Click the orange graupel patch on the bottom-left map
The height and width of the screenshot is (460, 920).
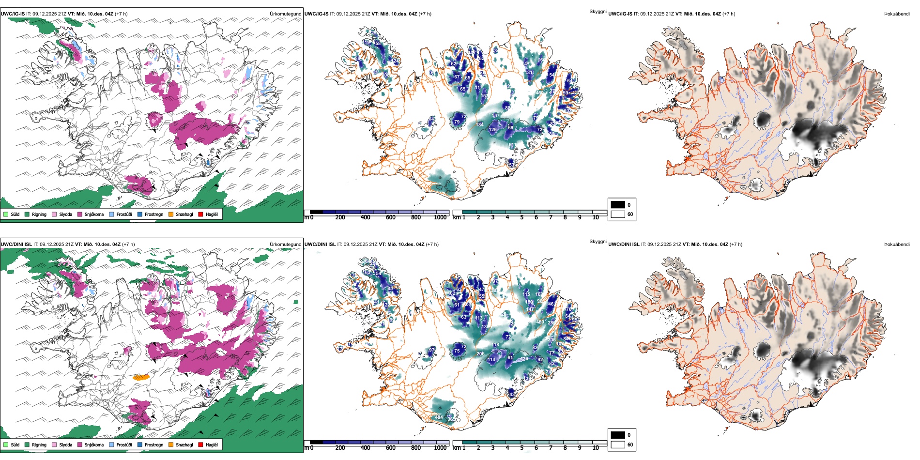click(x=141, y=377)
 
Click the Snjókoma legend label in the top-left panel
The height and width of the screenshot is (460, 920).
click(x=94, y=215)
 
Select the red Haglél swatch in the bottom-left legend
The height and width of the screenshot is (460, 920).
click(x=200, y=445)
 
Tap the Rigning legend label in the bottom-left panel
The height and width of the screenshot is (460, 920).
click(x=39, y=445)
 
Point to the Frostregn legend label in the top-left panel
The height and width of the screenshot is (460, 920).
click(x=154, y=215)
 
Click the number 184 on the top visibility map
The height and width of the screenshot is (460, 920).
click(x=479, y=125)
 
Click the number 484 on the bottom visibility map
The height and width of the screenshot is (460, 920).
click(x=439, y=417)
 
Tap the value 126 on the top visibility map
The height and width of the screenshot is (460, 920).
click(x=492, y=130)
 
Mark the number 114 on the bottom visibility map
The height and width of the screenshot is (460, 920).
click(x=491, y=360)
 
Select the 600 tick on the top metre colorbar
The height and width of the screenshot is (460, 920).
click(x=391, y=217)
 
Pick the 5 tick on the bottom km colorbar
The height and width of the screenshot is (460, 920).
click(x=521, y=448)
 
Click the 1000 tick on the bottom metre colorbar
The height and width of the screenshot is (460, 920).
click(x=440, y=448)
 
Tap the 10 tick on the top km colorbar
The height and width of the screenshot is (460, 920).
click(x=596, y=217)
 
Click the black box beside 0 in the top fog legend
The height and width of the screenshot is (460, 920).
click(x=618, y=205)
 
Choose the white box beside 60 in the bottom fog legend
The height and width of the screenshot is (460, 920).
click(x=618, y=445)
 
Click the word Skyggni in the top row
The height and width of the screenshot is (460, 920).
click(x=598, y=11)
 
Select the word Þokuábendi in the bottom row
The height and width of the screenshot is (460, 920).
click(x=897, y=245)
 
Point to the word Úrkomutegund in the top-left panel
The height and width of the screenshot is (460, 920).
click(x=285, y=14)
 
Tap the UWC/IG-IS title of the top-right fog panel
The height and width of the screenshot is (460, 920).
click(x=620, y=14)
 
